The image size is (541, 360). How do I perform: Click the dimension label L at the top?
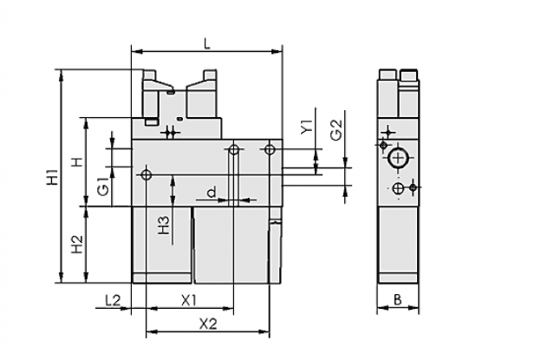[x=207, y=44]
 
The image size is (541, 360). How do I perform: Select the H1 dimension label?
[x=52, y=176]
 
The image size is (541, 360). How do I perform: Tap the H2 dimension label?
[x=77, y=244]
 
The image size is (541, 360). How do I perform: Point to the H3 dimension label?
[x=164, y=225]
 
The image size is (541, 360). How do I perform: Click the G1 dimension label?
[x=103, y=186]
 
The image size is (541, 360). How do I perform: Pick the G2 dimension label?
[x=336, y=130]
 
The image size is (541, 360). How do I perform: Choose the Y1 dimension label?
[x=306, y=127]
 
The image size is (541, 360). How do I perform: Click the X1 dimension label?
[x=189, y=300]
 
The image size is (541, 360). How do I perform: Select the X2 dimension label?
[x=208, y=324]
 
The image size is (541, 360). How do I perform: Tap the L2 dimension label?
[x=113, y=300]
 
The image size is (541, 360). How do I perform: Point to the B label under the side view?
[x=398, y=299]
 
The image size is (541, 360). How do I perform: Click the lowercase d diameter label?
[x=212, y=192]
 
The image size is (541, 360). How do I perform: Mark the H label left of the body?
[x=78, y=161]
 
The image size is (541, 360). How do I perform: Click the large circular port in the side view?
[x=398, y=159]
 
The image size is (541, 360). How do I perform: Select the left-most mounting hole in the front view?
[x=147, y=174]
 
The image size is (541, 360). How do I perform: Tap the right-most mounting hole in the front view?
[x=270, y=149]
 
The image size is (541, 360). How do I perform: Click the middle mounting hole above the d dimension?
[x=234, y=150]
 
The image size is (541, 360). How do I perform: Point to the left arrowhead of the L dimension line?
[x=137, y=52]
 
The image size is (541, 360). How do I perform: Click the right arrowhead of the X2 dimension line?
[x=264, y=332]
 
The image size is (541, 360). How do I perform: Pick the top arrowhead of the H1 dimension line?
[x=62, y=75]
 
